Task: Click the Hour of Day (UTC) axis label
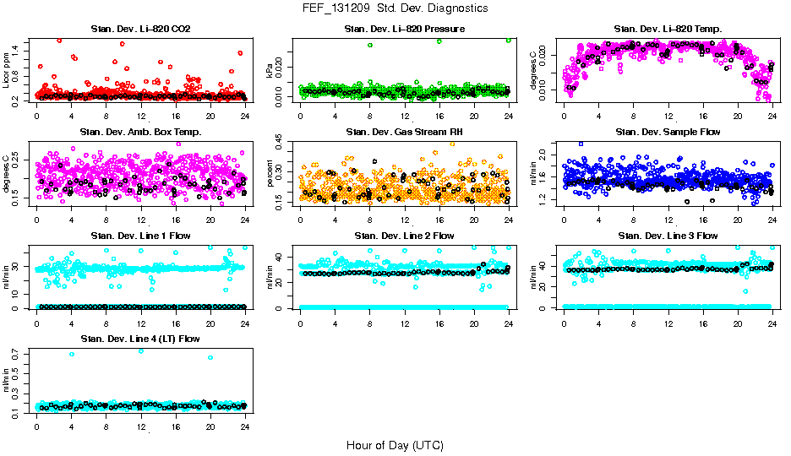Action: tap(394, 444)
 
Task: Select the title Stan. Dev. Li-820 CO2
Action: tap(140, 30)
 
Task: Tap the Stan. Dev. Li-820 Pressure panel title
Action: tap(405, 30)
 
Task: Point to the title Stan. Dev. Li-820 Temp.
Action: tap(668, 30)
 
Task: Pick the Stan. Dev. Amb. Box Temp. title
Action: tap(140, 133)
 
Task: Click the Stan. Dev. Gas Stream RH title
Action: tap(405, 133)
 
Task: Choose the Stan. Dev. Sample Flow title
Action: tap(668, 133)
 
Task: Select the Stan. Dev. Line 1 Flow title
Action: tap(140, 236)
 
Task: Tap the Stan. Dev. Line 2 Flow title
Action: tap(405, 236)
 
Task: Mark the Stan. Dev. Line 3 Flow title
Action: tap(668, 236)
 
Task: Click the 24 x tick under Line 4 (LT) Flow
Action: tap(245, 426)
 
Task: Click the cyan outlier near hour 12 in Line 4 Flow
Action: tap(140, 350)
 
